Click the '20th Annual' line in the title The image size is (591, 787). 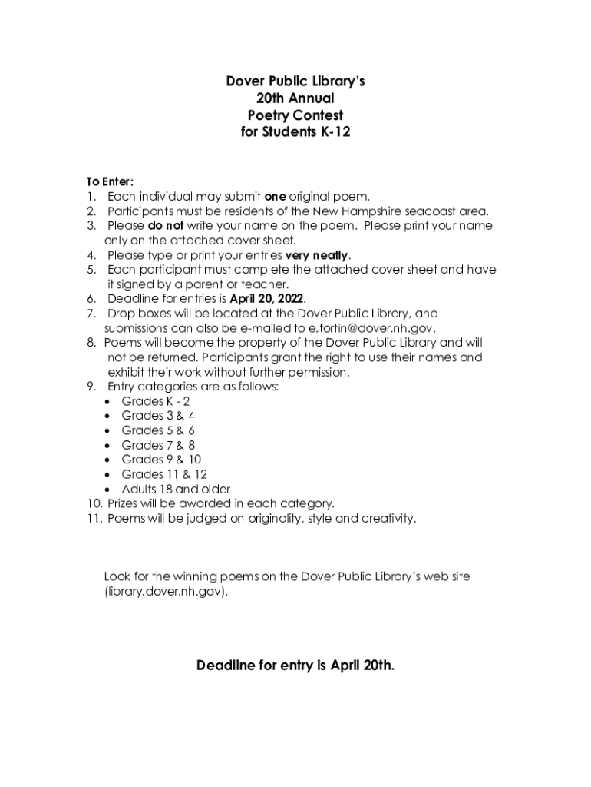click(295, 98)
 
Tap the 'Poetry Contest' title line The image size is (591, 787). click(295, 115)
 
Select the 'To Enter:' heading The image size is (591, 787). click(110, 181)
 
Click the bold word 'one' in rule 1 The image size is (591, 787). click(275, 196)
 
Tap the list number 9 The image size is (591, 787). click(91, 387)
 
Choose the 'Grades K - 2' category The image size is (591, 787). click(156, 401)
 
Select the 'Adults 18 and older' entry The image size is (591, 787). click(176, 489)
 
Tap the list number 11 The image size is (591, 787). click(93, 519)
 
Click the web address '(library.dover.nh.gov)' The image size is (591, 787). click(166, 593)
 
